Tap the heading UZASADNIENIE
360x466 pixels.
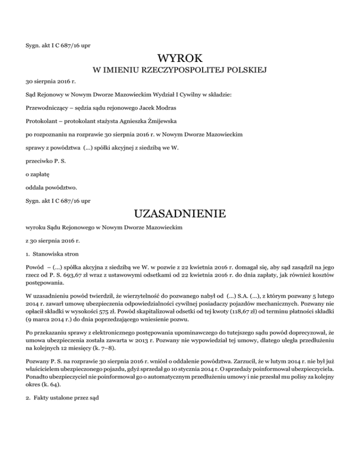(180, 214)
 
